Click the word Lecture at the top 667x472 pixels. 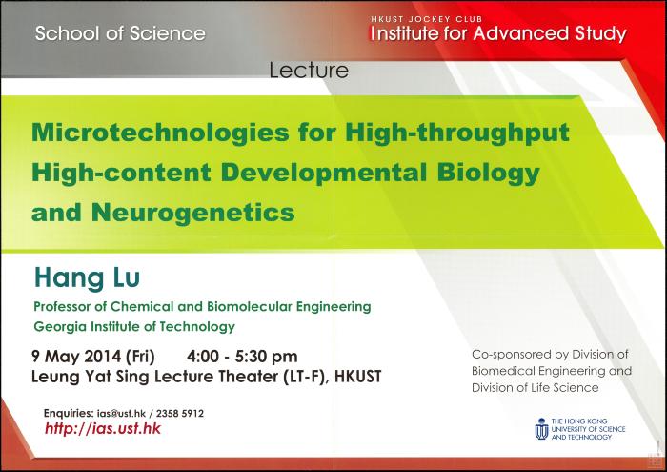click(309, 71)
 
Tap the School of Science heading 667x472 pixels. click(120, 33)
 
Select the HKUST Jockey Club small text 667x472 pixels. click(427, 19)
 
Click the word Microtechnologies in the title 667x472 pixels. click(160, 133)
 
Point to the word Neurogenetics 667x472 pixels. click(193, 213)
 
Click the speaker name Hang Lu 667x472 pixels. click(88, 277)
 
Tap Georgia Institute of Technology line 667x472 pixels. click(134, 326)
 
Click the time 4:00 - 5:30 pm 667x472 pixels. click(242, 357)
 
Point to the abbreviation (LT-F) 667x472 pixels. click(305, 377)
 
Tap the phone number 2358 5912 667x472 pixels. click(180, 413)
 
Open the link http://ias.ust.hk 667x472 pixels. click(103, 428)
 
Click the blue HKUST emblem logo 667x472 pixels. click(541, 428)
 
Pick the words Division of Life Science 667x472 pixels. click(536, 388)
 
